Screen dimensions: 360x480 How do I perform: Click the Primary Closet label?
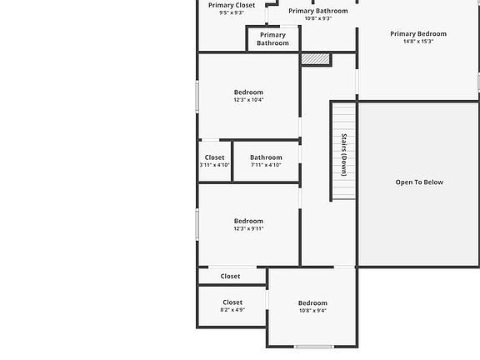[232, 5]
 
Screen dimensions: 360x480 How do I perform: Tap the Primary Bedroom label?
[418, 34]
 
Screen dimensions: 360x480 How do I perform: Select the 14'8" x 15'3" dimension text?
[418, 42]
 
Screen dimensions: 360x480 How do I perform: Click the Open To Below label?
[419, 182]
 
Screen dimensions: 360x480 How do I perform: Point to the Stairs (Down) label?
[343, 154]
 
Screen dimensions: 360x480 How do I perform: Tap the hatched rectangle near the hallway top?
[316, 59]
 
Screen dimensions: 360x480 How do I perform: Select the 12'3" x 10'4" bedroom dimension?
[248, 100]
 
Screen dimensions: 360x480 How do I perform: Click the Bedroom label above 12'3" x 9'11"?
[248, 221]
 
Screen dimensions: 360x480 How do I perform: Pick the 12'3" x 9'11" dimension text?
[248, 228]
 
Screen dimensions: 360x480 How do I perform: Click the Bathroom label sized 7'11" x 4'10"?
[266, 157]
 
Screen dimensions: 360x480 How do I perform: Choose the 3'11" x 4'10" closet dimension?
[214, 165]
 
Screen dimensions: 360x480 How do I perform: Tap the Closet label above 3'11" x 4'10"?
[214, 157]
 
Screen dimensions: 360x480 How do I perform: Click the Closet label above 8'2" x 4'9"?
[232, 302]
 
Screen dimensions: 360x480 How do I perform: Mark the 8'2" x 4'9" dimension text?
[232, 310]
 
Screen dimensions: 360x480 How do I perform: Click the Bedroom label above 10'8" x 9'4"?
[312, 303]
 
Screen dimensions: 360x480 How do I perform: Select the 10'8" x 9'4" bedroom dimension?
[312, 311]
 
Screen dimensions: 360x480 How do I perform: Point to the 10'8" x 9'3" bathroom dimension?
[318, 18]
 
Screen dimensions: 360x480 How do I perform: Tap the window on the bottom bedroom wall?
[314, 347]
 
